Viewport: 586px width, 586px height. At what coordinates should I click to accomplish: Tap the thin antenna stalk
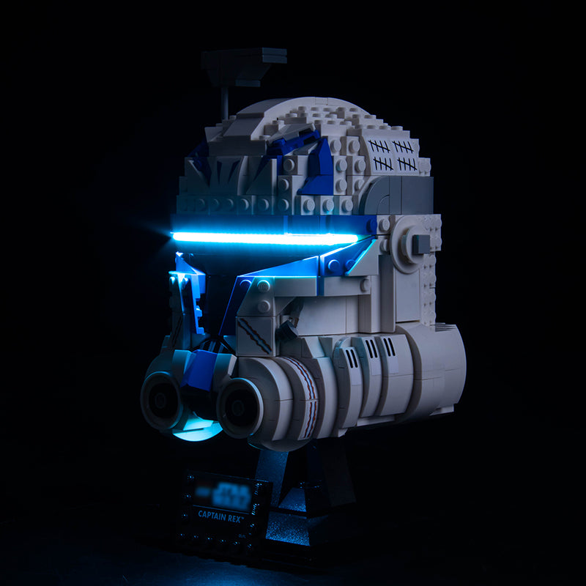[x=226, y=103]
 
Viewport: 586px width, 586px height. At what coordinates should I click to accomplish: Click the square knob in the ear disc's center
[x=420, y=243]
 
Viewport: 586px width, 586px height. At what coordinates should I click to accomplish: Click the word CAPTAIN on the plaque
[x=212, y=514]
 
